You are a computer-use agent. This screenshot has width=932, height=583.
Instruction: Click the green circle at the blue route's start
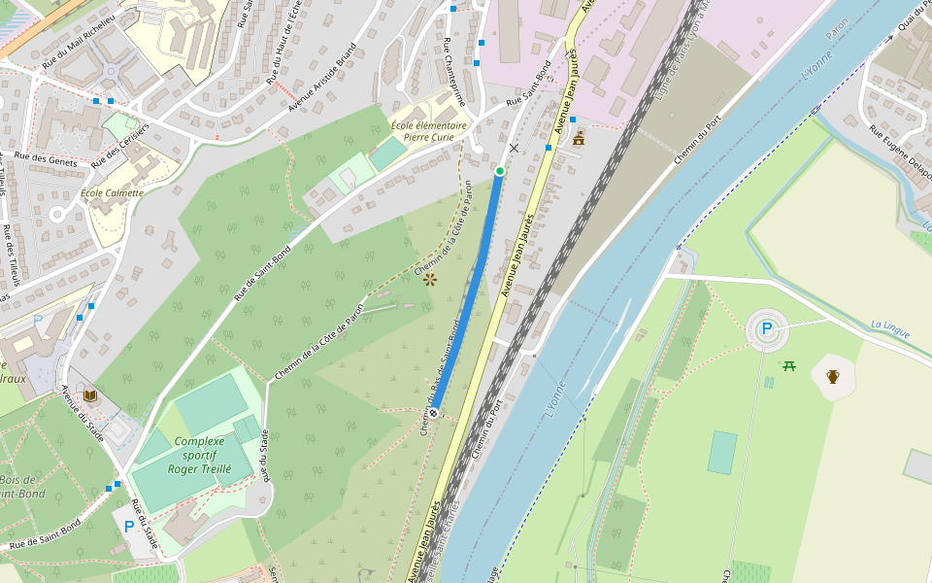[499, 171]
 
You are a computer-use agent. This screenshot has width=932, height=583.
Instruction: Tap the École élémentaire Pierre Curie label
[428, 131]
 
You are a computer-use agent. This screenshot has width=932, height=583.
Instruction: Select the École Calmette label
[112, 192]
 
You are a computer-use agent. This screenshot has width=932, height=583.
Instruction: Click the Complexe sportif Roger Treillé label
[199, 455]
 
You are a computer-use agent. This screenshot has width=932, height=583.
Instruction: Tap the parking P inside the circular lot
[767, 329]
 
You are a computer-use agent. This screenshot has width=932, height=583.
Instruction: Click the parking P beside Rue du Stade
[129, 527]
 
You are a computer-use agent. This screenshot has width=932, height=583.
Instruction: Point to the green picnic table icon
[789, 365]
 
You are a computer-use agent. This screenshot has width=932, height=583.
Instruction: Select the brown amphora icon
[832, 376]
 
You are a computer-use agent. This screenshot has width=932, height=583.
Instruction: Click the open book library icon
[90, 395]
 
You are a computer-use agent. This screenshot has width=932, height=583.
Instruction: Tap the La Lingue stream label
[890, 329]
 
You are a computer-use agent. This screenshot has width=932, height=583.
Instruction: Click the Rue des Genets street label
[46, 158]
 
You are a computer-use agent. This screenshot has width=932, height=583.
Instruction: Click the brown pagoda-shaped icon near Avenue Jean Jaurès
[579, 139]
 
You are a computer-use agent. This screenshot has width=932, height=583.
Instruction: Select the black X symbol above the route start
[514, 149]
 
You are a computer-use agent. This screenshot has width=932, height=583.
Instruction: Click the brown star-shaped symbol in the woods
[430, 279]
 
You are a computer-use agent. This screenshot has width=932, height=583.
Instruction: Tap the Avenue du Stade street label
[83, 414]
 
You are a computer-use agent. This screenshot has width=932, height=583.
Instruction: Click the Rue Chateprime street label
[454, 72]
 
